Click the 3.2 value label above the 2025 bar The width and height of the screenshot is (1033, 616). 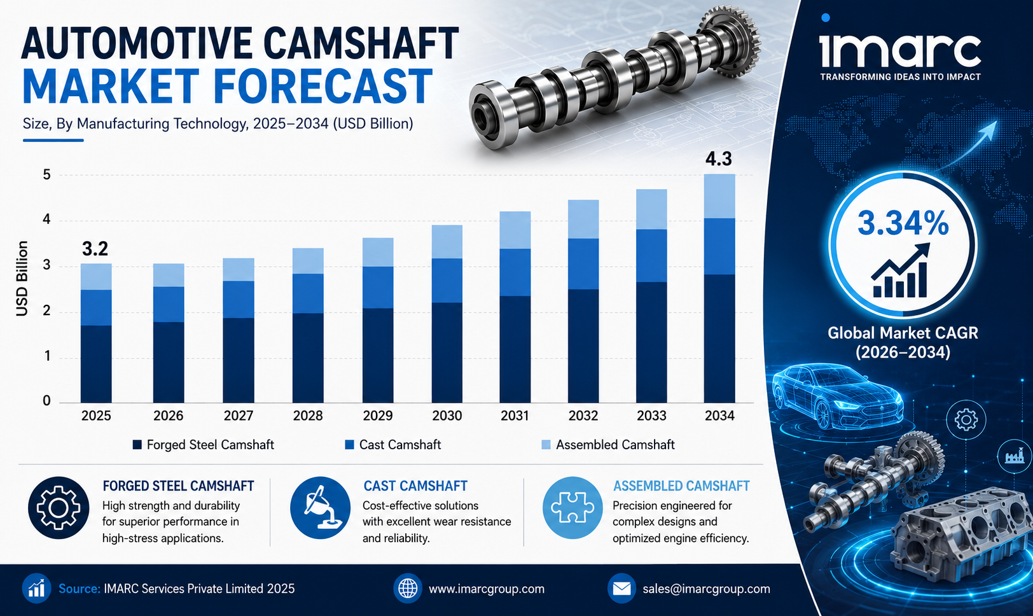pos(95,249)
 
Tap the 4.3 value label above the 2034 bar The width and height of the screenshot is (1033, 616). pos(719,159)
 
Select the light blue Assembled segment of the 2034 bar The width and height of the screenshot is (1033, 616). pos(719,196)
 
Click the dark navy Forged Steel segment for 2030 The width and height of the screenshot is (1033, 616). pos(447,353)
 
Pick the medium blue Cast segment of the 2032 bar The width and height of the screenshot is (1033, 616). pos(583,264)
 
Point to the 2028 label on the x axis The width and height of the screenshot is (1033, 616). pos(308,416)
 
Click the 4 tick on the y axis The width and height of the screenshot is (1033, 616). pos(46,219)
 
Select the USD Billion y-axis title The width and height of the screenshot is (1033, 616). pos(22,279)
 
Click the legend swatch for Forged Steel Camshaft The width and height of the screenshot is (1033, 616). pos(137,445)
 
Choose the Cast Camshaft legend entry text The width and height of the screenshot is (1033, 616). pos(400,445)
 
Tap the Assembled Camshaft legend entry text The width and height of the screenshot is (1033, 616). pos(615,445)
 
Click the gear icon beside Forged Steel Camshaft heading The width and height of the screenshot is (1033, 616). pos(58,508)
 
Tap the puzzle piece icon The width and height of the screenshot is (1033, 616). pos(572,508)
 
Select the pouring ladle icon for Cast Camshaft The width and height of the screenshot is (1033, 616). pos(320,508)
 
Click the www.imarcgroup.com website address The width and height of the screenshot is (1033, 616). pos(487,589)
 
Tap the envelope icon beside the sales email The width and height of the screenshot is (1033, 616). pos(621,589)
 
